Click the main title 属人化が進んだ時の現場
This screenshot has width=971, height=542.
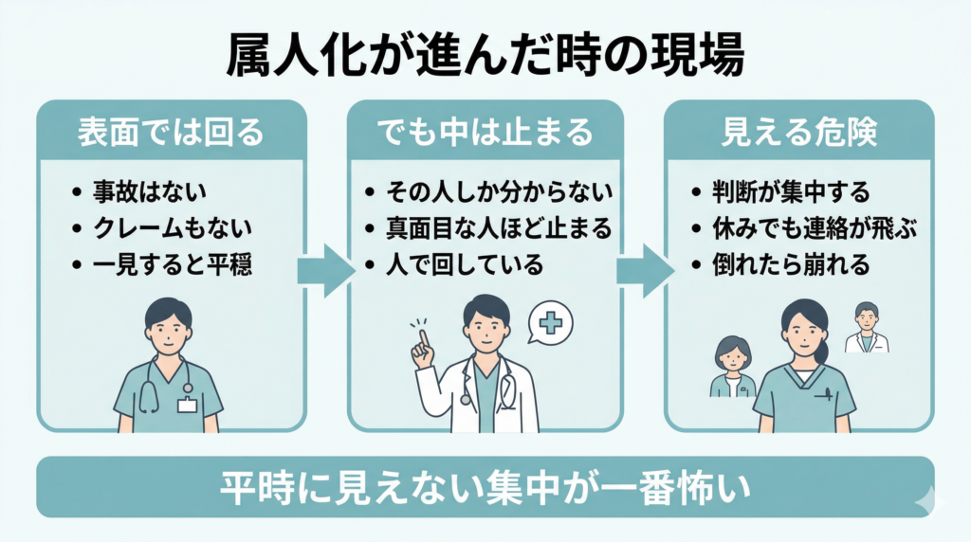(485, 54)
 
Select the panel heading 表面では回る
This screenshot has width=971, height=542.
(171, 131)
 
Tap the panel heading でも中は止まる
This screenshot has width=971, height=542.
(485, 131)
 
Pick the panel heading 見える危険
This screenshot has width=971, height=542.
(798, 131)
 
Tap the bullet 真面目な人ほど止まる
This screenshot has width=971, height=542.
(498, 228)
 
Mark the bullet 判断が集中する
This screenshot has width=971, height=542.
(790, 192)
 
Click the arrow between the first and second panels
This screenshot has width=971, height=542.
(326, 271)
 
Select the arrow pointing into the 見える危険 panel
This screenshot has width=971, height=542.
(645, 271)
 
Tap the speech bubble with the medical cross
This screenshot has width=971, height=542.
(551, 323)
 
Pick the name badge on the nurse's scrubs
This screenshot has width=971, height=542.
(187, 405)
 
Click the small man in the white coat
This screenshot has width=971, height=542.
(866, 329)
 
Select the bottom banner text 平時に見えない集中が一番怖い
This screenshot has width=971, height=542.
(485, 489)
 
